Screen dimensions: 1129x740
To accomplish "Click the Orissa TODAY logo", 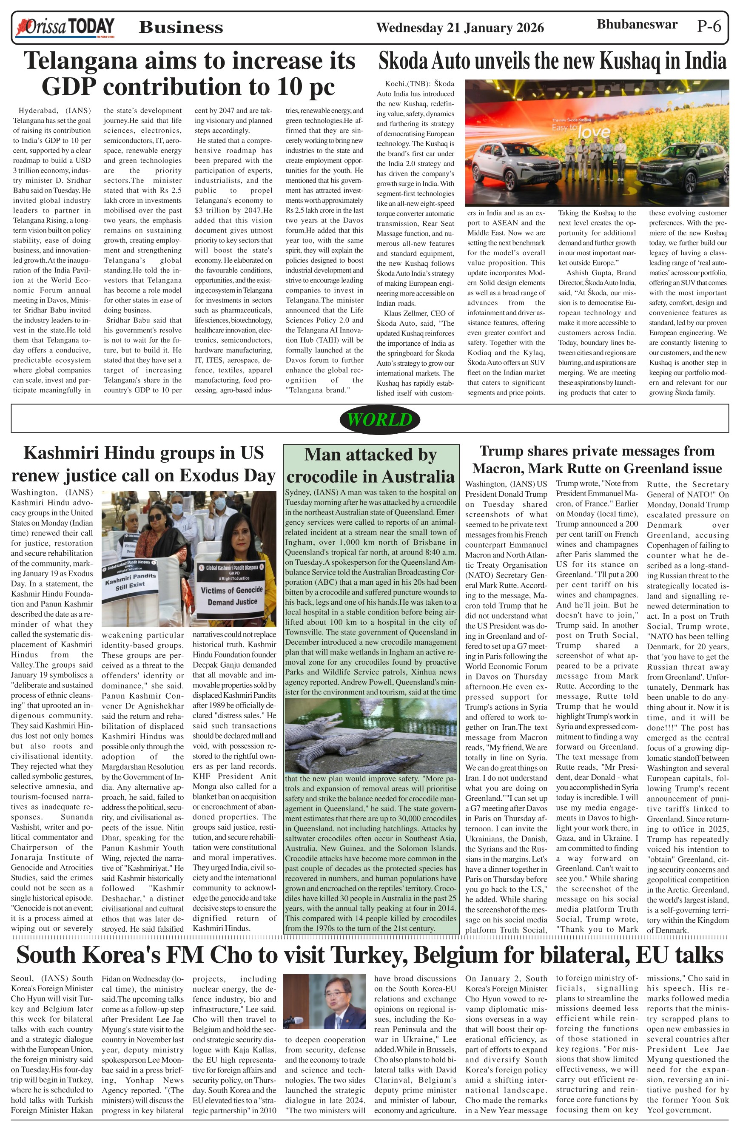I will (x=65, y=28).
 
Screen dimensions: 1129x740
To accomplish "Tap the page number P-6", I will (x=709, y=26).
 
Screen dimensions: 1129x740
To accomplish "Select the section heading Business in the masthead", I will (x=181, y=28).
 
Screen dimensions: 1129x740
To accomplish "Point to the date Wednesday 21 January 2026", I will (x=460, y=28).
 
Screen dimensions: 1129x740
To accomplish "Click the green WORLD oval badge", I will (x=379, y=419).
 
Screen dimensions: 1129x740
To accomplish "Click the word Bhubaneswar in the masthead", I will (x=637, y=25).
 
